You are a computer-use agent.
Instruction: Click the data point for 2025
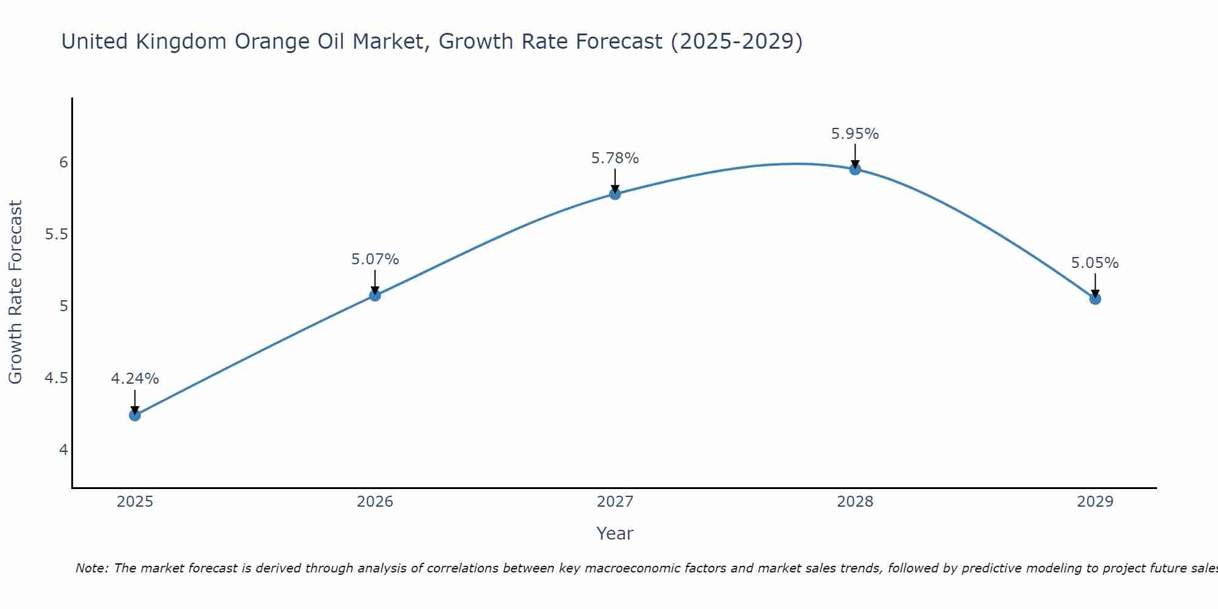coord(135,415)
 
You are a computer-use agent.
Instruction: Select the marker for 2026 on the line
coord(375,295)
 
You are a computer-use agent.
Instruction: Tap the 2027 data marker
coord(615,194)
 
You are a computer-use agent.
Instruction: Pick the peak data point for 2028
coord(855,169)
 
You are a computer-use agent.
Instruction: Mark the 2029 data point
coord(1095,299)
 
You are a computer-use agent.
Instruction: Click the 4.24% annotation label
coord(135,379)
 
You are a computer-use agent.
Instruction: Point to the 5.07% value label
coord(375,259)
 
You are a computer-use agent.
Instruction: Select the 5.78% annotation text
coord(615,158)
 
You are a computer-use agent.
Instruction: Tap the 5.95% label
coord(855,134)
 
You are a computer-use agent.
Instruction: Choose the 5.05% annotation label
coord(1095,263)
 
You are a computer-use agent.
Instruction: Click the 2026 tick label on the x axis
coord(375,502)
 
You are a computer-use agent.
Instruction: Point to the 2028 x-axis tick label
coord(855,502)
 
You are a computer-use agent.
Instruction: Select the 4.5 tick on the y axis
coord(56,378)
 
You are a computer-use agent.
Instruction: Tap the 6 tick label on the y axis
coord(63,162)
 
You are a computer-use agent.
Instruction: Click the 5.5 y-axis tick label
coord(56,234)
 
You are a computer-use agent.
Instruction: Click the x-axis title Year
coord(615,533)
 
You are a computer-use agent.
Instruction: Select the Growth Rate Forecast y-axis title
coord(16,292)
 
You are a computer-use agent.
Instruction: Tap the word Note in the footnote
coord(91,568)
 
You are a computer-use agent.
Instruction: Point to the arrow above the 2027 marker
coord(615,180)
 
